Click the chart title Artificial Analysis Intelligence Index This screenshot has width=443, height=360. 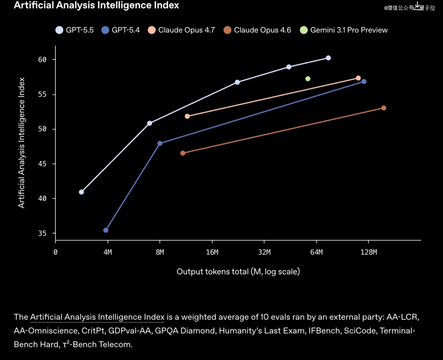[96, 5]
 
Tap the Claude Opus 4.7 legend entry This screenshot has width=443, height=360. [182, 30]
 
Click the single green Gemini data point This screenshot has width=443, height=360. [308, 79]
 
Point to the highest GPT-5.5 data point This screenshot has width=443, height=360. [328, 58]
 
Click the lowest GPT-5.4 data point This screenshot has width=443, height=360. [106, 230]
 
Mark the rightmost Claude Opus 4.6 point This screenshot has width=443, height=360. [384, 108]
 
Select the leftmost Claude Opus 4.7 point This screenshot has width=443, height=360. [187, 116]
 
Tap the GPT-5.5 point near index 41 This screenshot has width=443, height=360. [81, 192]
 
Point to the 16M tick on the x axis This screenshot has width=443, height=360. [212, 252]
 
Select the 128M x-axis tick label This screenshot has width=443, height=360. [369, 252]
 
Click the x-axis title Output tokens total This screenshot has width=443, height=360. [238, 272]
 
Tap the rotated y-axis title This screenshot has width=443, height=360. [22, 142]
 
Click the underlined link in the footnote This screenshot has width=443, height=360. [97, 317]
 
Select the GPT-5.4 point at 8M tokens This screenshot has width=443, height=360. [160, 143]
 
